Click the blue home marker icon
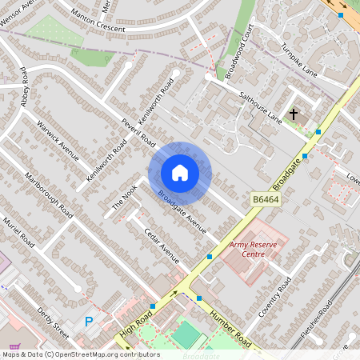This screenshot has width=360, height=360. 180,173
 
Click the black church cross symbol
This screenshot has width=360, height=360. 293,114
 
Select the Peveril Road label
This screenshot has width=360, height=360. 138,127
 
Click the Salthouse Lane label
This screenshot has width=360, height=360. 261,106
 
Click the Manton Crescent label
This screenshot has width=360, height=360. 98,23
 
